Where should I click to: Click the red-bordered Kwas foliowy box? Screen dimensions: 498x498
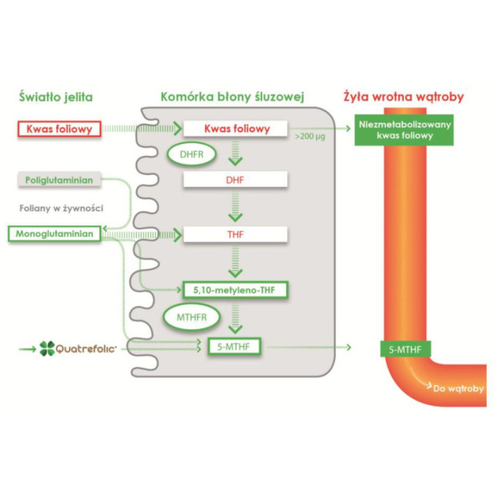pyautogui.click(x=59, y=129)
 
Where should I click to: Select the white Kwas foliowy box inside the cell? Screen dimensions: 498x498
pyautogui.click(x=235, y=129)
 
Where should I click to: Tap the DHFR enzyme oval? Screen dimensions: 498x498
pyautogui.click(x=192, y=154)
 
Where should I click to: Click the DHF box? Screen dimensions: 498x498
pyautogui.click(x=235, y=180)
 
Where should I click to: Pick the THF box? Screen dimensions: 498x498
pyautogui.click(x=235, y=234)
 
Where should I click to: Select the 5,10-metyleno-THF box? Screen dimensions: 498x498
pyautogui.click(x=235, y=290)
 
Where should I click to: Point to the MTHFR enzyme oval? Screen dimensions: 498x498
pyautogui.click(x=192, y=317)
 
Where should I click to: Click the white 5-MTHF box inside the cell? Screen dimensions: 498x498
pyautogui.click(x=234, y=347)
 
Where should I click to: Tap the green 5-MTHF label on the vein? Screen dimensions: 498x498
pyautogui.click(x=405, y=349)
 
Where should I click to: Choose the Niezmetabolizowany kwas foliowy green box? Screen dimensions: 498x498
pyautogui.click(x=404, y=130)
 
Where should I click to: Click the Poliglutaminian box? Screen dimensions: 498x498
pyautogui.click(x=59, y=180)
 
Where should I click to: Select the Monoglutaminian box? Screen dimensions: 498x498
pyautogui.click(x=55, y=234)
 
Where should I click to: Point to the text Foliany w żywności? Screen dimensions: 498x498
pyautogui.click(x=62, y=208)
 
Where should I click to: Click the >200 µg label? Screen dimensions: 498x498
pyautogui.click(x=310, y=136)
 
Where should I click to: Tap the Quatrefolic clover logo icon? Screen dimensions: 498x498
pyautogui.click(x=47, y=349)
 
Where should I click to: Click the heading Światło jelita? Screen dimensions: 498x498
pyautogui.click(x=56, y=97)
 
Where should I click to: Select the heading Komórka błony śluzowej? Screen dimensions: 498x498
pyautogui.click(x=232, y=97)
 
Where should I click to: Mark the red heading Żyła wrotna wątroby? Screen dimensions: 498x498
pyautogui.click(x=404, y=97)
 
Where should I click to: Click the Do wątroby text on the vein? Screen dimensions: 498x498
pyautogui.click(x=459, y=389)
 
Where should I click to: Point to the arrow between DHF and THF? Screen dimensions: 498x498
pyautogui.click(x=235, y=207)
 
